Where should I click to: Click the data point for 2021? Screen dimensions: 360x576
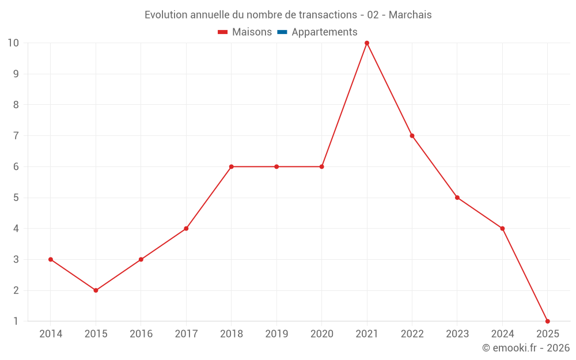click(367, 43)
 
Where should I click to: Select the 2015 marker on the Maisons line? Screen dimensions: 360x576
click(96, 290)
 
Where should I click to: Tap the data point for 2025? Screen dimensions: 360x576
click(547, 321)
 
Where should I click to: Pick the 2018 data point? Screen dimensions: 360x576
click(231, 166)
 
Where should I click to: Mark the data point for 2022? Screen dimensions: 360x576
click(412, 136)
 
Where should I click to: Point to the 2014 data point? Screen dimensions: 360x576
click(51, 259)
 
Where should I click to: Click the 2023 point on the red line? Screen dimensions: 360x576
click(457, 198)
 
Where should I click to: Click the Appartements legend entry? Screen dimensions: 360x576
click(324, 32)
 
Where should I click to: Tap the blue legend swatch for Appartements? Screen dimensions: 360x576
click(282, 32)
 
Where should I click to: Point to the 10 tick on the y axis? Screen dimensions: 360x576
click(13, 43)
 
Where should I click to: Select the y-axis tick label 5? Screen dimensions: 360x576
click(16, 198)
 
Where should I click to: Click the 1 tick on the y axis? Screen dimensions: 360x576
click(16, 321)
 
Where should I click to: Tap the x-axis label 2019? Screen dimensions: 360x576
click(276, 334)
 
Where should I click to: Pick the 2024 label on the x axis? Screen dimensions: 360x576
click(502, 334)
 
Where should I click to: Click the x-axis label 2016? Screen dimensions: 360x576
click(141, 334)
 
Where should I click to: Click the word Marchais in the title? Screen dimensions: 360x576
click(410, 15)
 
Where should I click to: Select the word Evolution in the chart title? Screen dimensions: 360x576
click(165, 15)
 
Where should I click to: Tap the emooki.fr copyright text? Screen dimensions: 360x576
click(526, 348)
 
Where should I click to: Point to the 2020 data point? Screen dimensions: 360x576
click(321, 166)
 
